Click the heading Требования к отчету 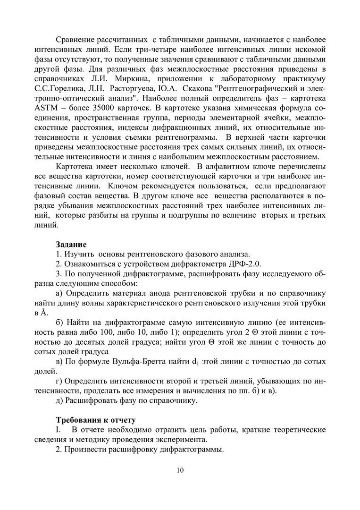coord(96,420)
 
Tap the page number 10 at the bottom coord(180,470)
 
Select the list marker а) coord(59,293)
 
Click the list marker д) coord(59,402)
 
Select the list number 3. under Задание coord(59,274)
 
